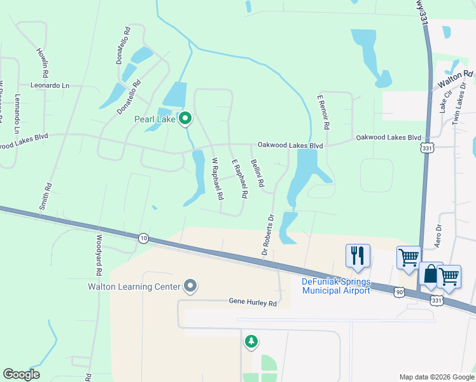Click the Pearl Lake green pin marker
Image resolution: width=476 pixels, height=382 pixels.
click(x=185, y=118)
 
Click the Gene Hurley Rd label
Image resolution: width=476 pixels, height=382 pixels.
click(x=253, y=303)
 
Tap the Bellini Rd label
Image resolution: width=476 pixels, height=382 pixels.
click(x=257, y=173)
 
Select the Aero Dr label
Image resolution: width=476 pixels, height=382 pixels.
click(x=438, y=236)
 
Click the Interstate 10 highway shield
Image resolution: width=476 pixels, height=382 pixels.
click(x=143, y=238)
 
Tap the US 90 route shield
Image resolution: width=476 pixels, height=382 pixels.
click(x=399, y=292)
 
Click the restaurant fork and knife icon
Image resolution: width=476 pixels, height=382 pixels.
click(x=358, y=255)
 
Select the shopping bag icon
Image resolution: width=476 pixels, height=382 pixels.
click(x=431, y=275)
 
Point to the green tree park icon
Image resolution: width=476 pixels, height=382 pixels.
click(x=251, y=342)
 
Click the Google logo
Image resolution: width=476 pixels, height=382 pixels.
click(x=21, y=374)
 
